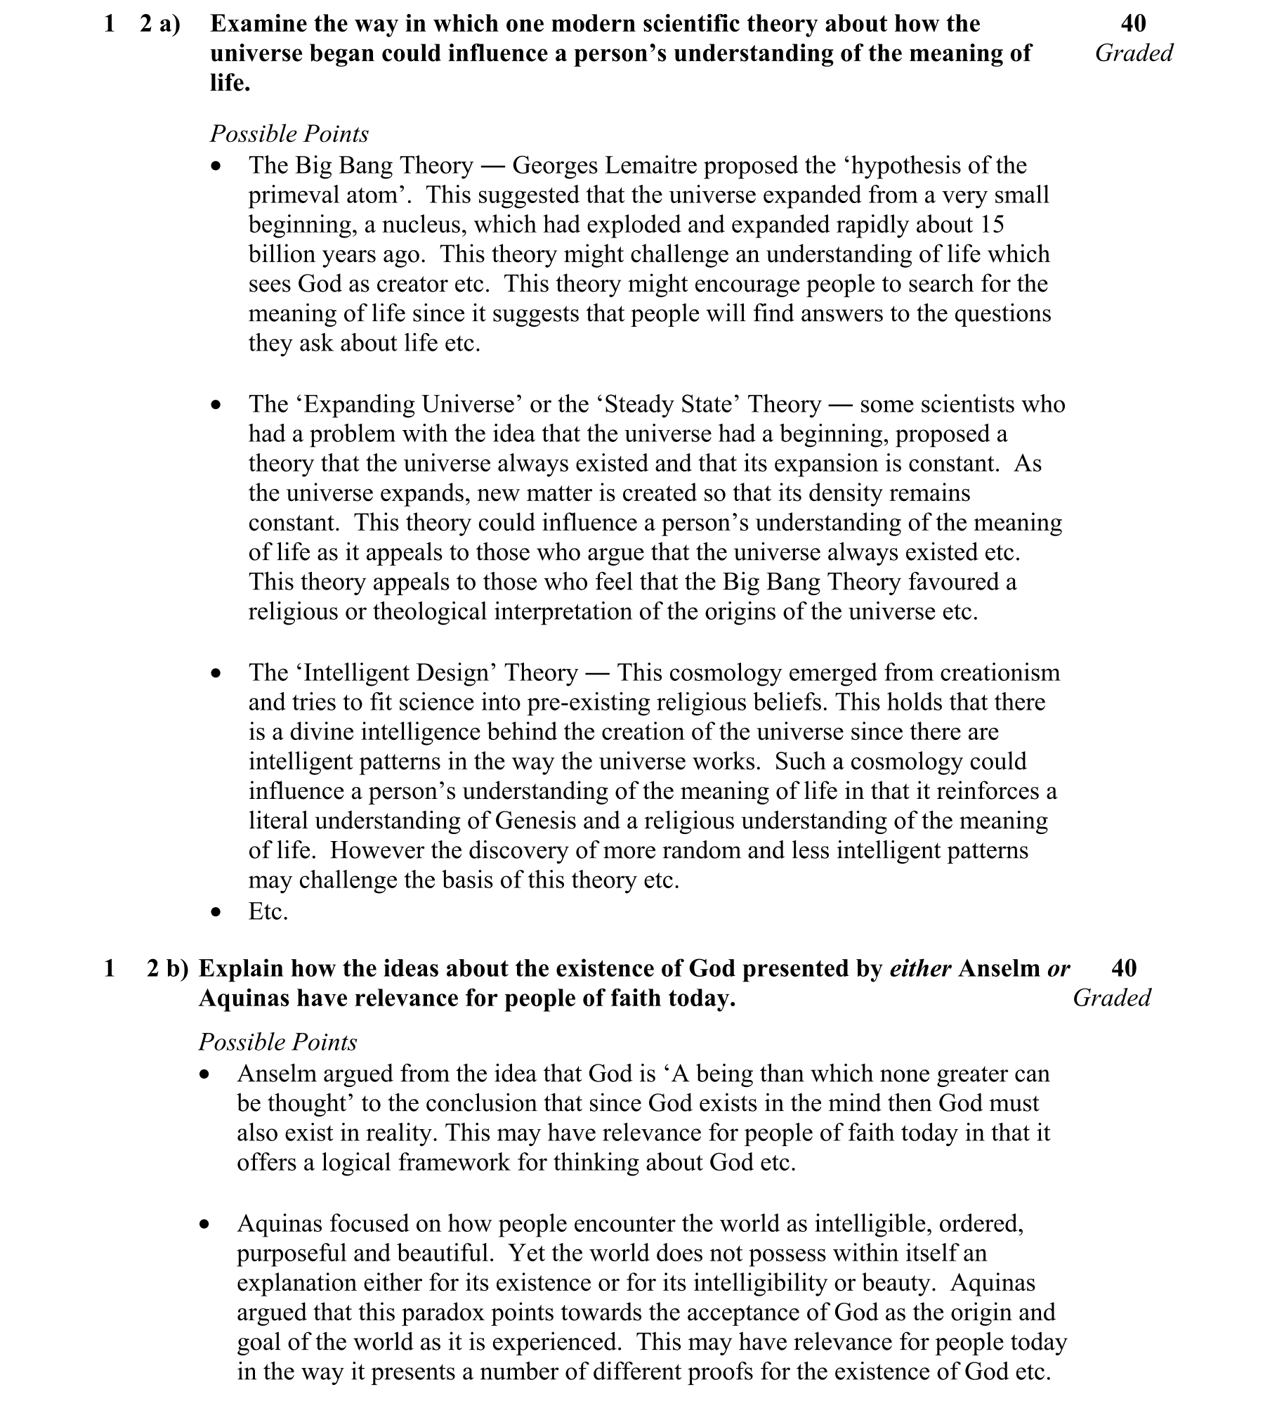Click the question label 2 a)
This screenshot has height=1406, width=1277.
160,24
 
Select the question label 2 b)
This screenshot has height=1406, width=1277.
167,969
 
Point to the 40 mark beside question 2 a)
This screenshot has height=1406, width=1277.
1133,24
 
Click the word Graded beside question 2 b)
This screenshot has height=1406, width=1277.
1111,998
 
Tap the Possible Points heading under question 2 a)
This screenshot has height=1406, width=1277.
289,134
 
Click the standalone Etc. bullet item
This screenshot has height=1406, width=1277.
268,912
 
